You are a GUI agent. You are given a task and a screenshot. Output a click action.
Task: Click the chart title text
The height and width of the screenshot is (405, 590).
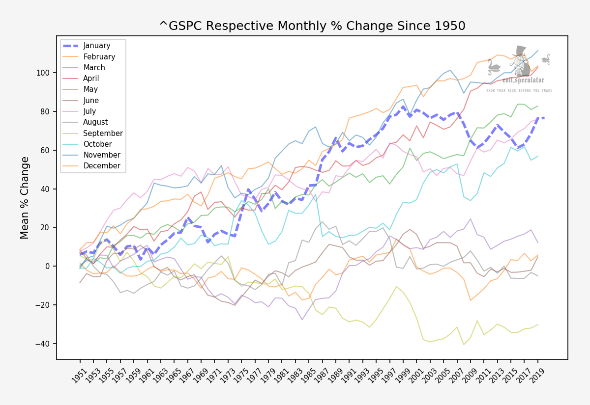312,26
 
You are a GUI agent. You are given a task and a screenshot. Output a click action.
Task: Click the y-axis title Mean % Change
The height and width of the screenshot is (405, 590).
25,197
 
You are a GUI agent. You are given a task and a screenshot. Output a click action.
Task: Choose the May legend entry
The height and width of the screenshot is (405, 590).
90,89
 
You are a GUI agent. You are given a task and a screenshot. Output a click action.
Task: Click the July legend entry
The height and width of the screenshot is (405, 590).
90,111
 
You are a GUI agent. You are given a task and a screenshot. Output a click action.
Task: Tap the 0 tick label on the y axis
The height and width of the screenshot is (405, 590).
48,267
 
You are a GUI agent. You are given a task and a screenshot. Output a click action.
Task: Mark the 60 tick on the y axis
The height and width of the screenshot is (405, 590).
46,150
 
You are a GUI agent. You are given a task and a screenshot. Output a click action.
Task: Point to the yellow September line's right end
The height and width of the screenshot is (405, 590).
537,324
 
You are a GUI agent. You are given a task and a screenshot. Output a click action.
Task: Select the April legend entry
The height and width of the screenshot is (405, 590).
91,79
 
